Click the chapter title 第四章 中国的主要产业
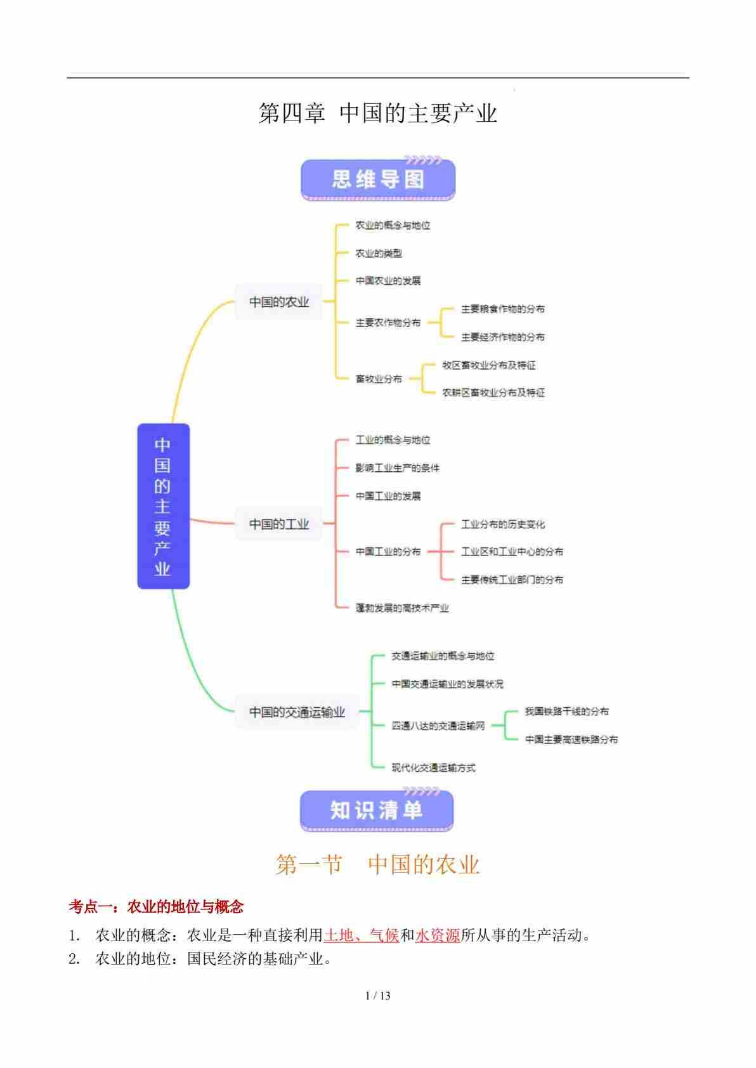[x=377, y=114]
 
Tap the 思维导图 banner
[x=377, y=179]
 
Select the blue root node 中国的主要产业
[x=163, y=505]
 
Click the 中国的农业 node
[x=279, y=302]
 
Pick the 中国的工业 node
[x=279, y=524]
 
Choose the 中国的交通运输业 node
[x=297, y=712]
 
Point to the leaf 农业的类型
[x=379, y=253]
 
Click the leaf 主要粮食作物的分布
[x=502, y=309]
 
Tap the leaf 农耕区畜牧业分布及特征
[x=493, y=393]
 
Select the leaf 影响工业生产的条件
[x=397, y=468]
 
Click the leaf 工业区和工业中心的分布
[x=512, y=552]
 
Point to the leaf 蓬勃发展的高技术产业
[x=402, y=608]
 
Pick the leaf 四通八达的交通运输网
[x=438, y=726]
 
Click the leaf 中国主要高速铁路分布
[x=571, y=739]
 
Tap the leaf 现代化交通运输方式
[x=433, y=767]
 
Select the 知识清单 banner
[x=377, y=810]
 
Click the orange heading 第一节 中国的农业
[x=377, y=864]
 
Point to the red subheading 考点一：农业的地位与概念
[x=156, y=907]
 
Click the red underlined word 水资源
[x=438, y=935]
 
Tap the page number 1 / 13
[x=378, y=996]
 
